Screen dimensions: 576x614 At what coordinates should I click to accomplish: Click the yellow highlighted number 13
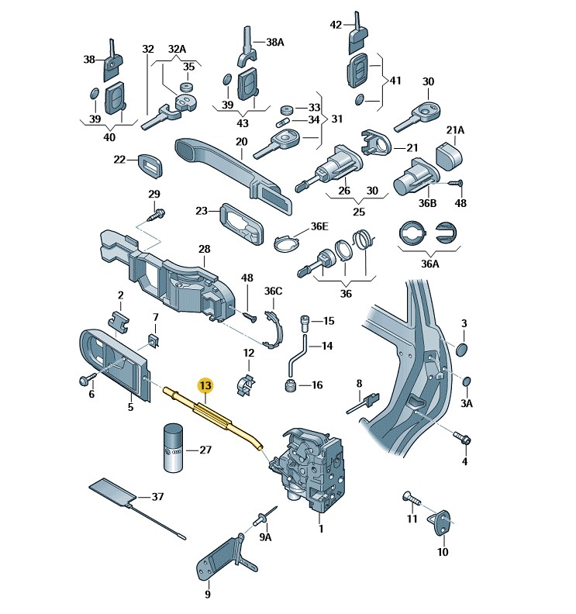(x=205, y=386)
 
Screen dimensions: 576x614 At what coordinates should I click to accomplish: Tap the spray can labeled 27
(x=173, y=447)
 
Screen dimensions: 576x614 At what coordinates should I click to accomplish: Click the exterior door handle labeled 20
(x=234, y=174)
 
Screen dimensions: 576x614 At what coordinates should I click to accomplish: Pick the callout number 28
(x=204, y=249)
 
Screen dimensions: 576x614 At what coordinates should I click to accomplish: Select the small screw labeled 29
(x=157, y=215)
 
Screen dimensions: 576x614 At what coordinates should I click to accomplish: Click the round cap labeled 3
(x=462, y=349)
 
